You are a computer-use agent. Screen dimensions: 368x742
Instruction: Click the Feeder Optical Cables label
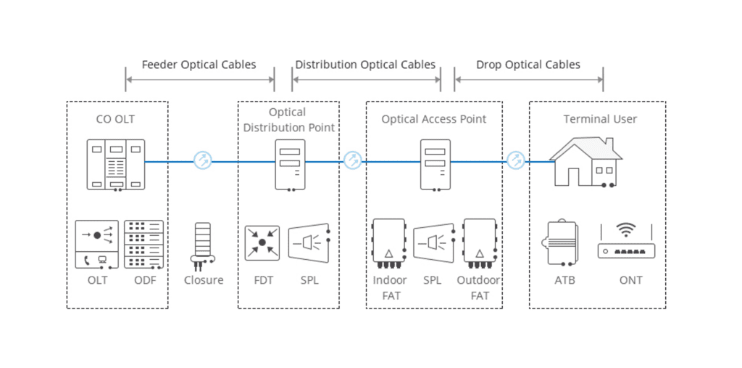(x=199, y=65)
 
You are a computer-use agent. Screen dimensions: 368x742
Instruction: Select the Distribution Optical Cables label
(x=365, y=65)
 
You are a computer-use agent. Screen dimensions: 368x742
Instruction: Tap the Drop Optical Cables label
(x=528, y=65)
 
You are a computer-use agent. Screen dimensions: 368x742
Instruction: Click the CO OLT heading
(x=115, y=118)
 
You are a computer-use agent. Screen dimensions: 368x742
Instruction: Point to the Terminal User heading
(x=600, y=118)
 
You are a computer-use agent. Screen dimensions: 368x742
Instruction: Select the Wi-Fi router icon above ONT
(x=626, y=242)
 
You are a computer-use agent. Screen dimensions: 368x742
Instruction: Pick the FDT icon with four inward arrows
(x=262, y=242)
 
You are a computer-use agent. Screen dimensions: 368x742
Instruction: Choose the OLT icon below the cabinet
(x=97, y=244)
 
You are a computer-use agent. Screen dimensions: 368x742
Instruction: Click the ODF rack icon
(x=144, y=244)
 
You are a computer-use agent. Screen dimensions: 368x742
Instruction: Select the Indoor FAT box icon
(x=389, y=242)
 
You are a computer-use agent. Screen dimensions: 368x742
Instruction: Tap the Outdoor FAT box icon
(x=479, y=242)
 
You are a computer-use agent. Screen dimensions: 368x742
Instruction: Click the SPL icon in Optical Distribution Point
(x=309, y=242)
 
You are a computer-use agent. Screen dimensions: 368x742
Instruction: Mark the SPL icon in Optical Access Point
(x=434, y=242)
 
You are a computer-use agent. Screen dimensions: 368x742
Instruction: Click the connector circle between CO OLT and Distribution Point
(x=203, y=161)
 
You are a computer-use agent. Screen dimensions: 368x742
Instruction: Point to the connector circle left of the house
(x=515, y=160)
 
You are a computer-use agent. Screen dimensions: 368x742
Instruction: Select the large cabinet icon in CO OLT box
(x=116, y=165)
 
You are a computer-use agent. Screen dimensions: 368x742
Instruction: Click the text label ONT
(x=630, y=280)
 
